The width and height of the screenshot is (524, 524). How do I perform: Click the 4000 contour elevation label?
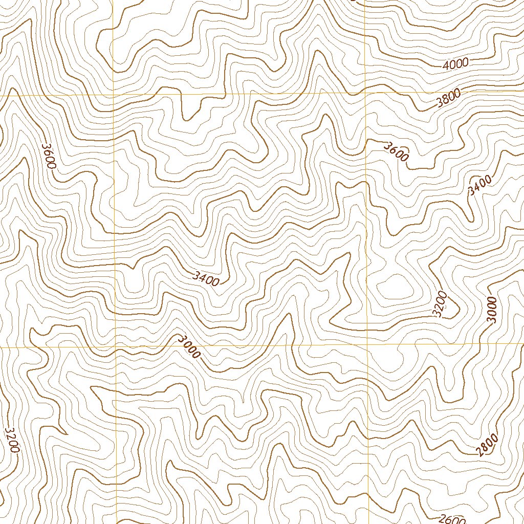point(456,63)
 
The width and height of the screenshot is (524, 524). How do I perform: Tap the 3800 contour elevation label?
point(449,98)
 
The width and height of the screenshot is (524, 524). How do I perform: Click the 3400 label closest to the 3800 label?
point(479,185)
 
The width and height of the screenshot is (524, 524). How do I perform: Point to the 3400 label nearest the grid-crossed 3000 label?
point(206,278)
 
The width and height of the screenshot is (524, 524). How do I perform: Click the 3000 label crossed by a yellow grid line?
point(189,347)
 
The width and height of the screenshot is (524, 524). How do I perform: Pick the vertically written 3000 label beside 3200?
point(492,310)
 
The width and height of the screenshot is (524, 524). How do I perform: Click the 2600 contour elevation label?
point(452,519)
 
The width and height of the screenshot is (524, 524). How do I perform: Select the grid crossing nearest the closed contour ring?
point(368,344)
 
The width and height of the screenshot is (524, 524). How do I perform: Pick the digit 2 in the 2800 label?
point(479,452)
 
